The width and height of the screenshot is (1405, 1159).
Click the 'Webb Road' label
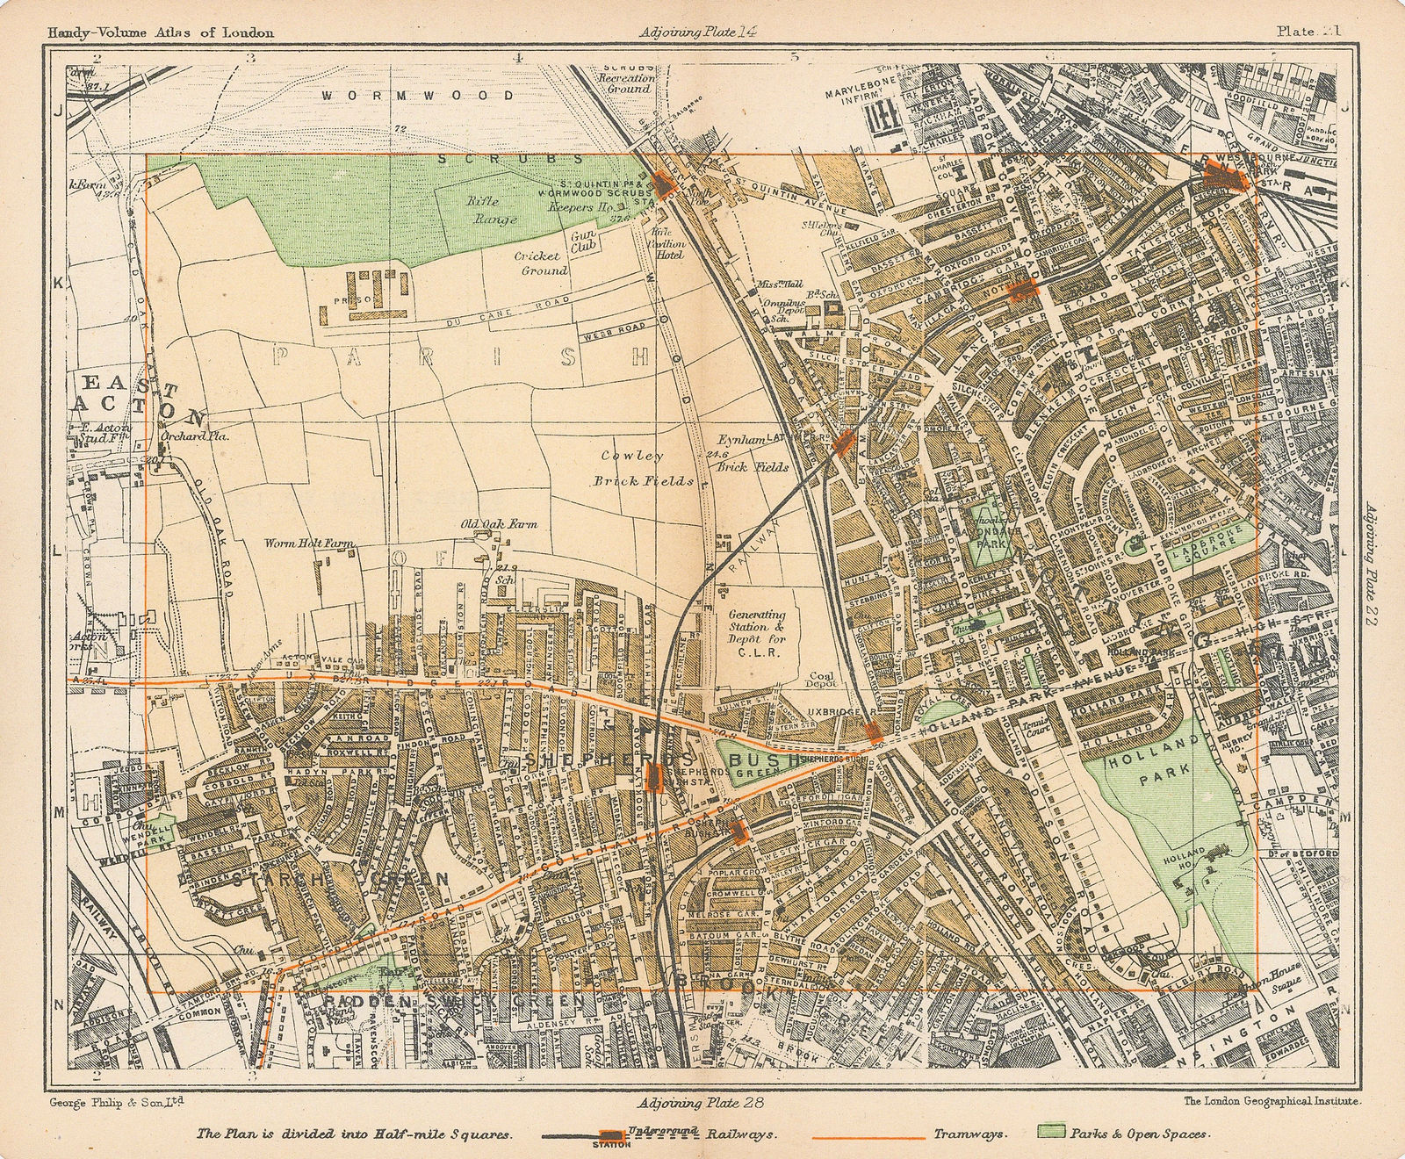pyautogui.click(x=612, y=331)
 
